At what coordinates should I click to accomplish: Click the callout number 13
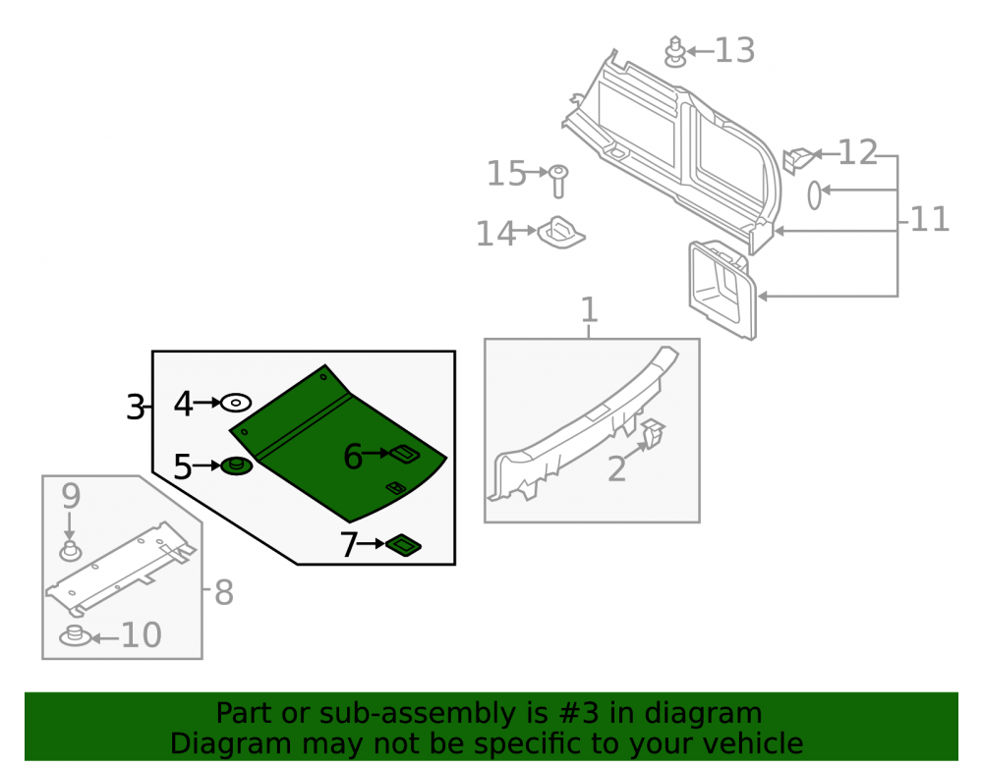(734, 50)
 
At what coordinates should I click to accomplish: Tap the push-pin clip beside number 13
(675, 52)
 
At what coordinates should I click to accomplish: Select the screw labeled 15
(558, 181)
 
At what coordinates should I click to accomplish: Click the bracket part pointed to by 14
(561, 233)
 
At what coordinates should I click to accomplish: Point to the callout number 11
(930, 219)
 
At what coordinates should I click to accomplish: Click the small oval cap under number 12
(814, 194)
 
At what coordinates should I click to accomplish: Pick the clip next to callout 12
(798, 160)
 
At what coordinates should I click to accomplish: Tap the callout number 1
(589, 310)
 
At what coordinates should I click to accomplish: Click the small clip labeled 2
(653, 433)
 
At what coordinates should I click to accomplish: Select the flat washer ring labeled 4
(236, 403)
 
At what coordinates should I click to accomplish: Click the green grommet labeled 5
(236, 466)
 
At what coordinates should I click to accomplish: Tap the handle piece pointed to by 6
(405, 454)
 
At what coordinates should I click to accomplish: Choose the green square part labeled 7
(403, 545)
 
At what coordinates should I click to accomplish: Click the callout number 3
(136, 408)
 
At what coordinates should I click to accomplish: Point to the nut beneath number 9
(70, 551)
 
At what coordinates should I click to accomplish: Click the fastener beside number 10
(76, 635)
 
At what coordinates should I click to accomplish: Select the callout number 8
(224, 592)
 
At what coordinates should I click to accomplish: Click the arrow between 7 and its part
(371, 543)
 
